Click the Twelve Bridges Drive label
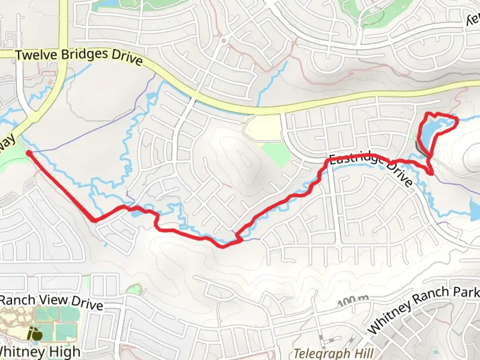pos(79,56)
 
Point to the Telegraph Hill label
pos(333,353)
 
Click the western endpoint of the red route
pos(29,153)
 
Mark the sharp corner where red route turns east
pos(94,220)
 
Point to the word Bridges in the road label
pos(85,56)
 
